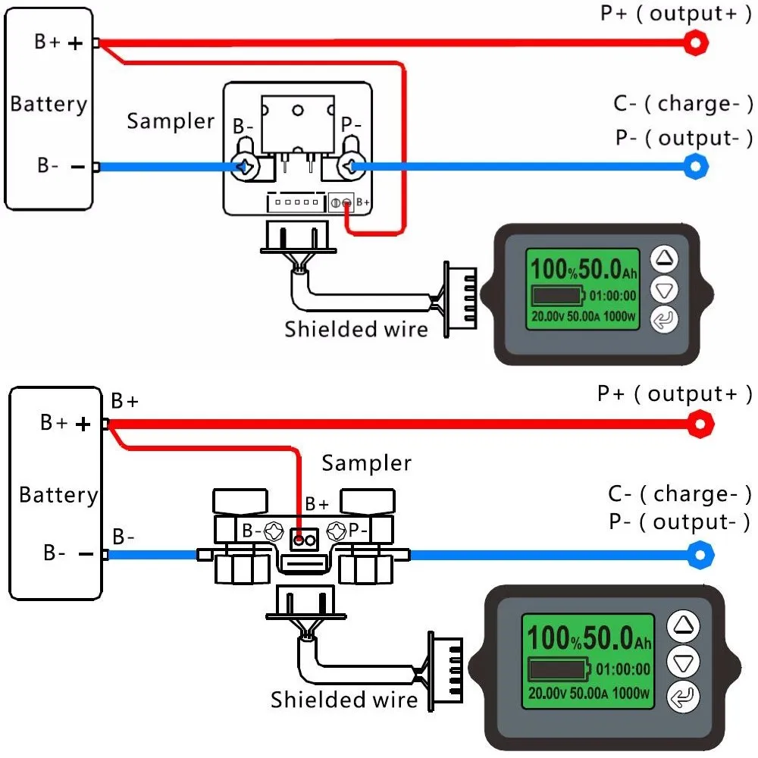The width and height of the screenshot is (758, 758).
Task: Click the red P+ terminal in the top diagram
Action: pos(694,43)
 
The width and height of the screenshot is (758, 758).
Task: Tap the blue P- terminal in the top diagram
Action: pos(695,166)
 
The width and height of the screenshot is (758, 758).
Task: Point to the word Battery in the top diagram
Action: pos(49,104)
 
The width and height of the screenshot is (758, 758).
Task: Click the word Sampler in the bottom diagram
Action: pos(367,463)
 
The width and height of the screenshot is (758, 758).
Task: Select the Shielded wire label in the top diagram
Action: pos(356,329)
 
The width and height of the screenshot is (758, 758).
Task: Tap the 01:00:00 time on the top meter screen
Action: pos(613,296)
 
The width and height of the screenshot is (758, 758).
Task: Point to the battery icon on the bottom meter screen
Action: pos(557,669)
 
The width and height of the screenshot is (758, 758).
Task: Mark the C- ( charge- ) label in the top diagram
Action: pos(683,104)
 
